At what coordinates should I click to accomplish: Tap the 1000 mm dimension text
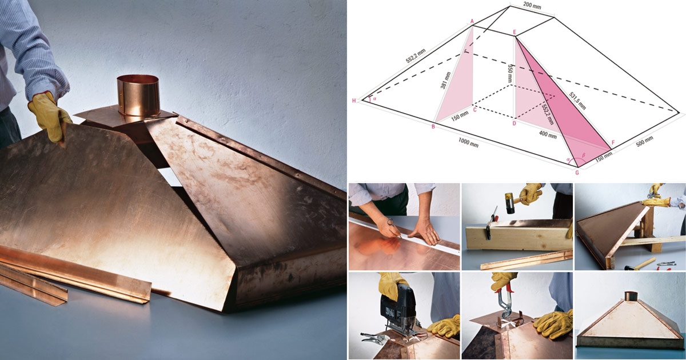(468, 142)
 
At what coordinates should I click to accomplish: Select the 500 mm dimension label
(645, 142)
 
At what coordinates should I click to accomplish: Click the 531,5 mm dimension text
(577, 101)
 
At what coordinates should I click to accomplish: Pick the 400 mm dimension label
(548, 135)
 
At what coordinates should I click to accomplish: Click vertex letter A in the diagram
(472, 21)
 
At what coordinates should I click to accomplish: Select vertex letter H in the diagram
(354, 101)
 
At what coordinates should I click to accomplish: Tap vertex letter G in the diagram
(577, 173)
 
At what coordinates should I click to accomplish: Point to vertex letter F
(613, 143)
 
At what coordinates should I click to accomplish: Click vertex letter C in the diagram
(474, 110)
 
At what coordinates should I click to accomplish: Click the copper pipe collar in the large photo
(138, 95)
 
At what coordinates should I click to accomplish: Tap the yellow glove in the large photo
(49, 117)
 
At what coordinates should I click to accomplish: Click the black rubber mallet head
(509, 203)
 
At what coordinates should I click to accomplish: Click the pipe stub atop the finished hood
(631, 296)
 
